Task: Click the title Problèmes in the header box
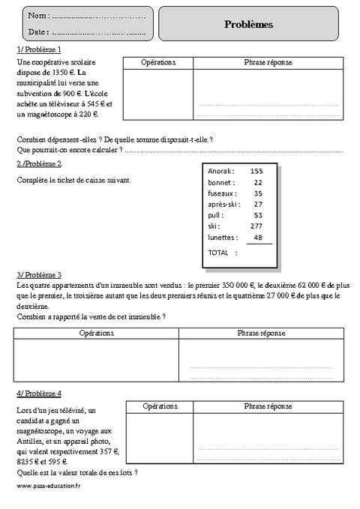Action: pos(248,24)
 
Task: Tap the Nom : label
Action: pos(38,16)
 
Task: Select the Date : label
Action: pos(38,31)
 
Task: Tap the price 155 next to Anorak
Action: pos(256,171)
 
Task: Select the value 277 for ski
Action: pos(256,226)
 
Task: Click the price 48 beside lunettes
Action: pos(258,237)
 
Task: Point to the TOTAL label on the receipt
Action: pos(217,253)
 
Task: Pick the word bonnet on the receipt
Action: pos(220,182)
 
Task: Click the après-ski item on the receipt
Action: pos(223,204)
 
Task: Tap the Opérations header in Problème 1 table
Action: pos(158,62)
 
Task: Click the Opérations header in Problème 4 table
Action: pos(158,406)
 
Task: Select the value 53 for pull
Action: pos(258,215)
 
